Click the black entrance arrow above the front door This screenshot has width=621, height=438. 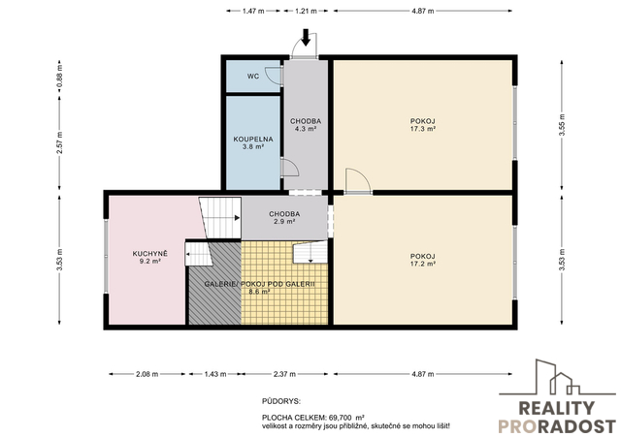click(x=306, y=37)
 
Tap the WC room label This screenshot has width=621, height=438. click(x=253, y=76)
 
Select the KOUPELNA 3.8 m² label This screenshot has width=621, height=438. click(x=253, y=142)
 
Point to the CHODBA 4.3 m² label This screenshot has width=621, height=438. click(x=306, y=125)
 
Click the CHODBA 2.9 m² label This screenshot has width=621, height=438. click(x=284, y=218)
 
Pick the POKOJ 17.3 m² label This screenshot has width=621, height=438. click(x=423, y=125)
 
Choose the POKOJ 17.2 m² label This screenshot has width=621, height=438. click(x=423, y=260)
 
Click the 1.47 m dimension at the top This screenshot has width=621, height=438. click(x=253, y=11)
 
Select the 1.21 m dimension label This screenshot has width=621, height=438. click(x=306, y=11)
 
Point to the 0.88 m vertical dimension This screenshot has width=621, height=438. click(x=59, y=78)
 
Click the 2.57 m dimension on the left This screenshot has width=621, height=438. click(x=59, y=143)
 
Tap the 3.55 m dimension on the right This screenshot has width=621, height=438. click(x=562, y=125)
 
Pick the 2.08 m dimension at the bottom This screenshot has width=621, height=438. click(x=147, y=374)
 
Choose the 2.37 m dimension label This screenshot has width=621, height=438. click(x=284, y=374)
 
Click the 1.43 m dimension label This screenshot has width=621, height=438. click(x=215, y=374)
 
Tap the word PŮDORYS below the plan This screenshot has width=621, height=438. click(x=281, y=401)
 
